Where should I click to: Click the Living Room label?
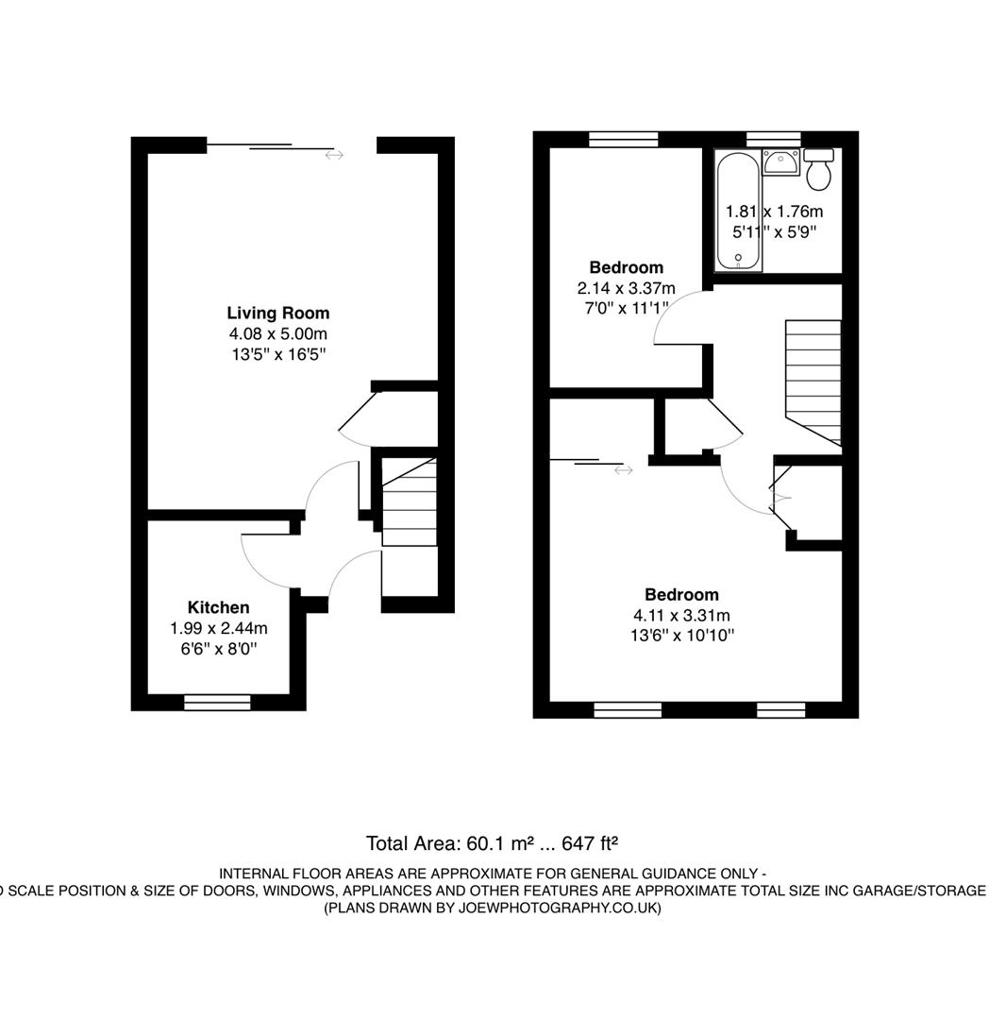pyautogui.click(x=277, y=313)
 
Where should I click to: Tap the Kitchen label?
pyautogui.click(x=218, y=607)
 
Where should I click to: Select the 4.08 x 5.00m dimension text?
pyautogui.click(x=277, y=333)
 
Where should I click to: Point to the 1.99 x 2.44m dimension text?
pyautogui.click(x=218, y=628)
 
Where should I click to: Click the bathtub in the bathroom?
pyautogui.click(x=732, y=212)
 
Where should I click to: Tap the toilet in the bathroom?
pyautogui.click(x=818, y=170)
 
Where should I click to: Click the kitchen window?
pyautogui.click(x=217, y=702)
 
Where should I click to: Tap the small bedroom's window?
pyautogui.click(x=624, y=139)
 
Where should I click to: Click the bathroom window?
pyautogui.click(x=774, y=139)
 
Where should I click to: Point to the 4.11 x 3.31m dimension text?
pyautogui.click(x=681, y=615)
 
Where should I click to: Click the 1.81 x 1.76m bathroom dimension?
pyautogui.click(x=774, y=212)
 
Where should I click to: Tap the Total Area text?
pyautogui.click(x=492, y=842)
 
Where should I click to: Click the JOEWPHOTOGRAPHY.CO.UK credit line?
pyautogui.click(x=492, y=908)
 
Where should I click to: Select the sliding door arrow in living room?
pyautogui.click(x=334, y=155)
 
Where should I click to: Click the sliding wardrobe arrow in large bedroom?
pyautogui.click(x=623, y=469)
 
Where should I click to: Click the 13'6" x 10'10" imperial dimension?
pyautogui.click(x=681, y=636)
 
